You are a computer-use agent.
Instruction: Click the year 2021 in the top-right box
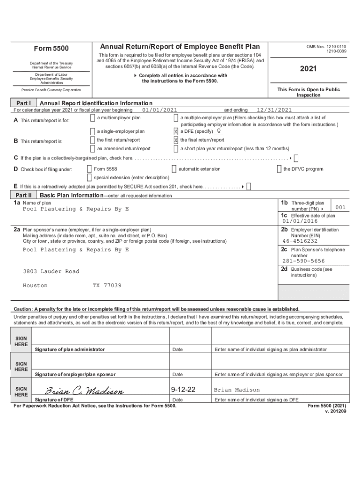click(308, 69)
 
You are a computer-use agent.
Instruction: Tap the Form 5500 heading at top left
click(51, 49)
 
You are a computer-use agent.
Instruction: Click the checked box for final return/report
click(176, 140)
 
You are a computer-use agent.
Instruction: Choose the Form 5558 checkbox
click(89, 169)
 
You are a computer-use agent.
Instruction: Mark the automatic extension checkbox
click(174, 169)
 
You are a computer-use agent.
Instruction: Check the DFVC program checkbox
click(279, 169)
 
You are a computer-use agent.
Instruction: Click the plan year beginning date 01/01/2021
click(159, 110)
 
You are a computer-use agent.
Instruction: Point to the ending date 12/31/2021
click(274, 110)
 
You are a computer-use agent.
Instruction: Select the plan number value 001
click(340, 207)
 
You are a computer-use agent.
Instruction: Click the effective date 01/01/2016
click(299, 221)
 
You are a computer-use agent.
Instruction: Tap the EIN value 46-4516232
click(299, 241)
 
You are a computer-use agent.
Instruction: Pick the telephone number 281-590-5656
click(303, 261)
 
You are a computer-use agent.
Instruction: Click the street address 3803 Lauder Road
click(51, 271)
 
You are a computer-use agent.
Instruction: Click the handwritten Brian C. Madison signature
click(84, 391)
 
